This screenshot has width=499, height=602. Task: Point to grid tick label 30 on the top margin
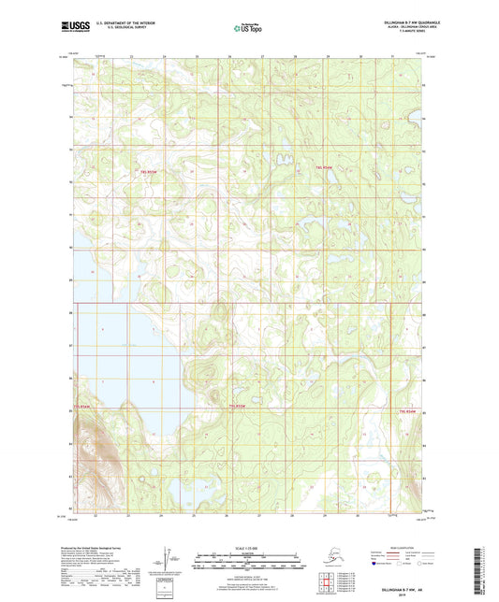(361, 56)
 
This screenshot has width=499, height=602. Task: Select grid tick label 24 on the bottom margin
(160, 515)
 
